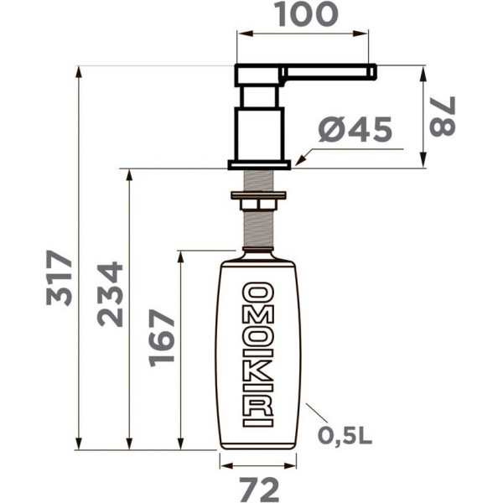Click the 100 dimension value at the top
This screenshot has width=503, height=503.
303,13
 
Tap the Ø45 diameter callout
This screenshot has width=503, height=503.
355,130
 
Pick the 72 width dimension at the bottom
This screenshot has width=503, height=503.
258,487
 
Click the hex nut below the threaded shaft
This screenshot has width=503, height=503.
259,202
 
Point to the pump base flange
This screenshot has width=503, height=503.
259,164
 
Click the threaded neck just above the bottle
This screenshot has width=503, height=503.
259,231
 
